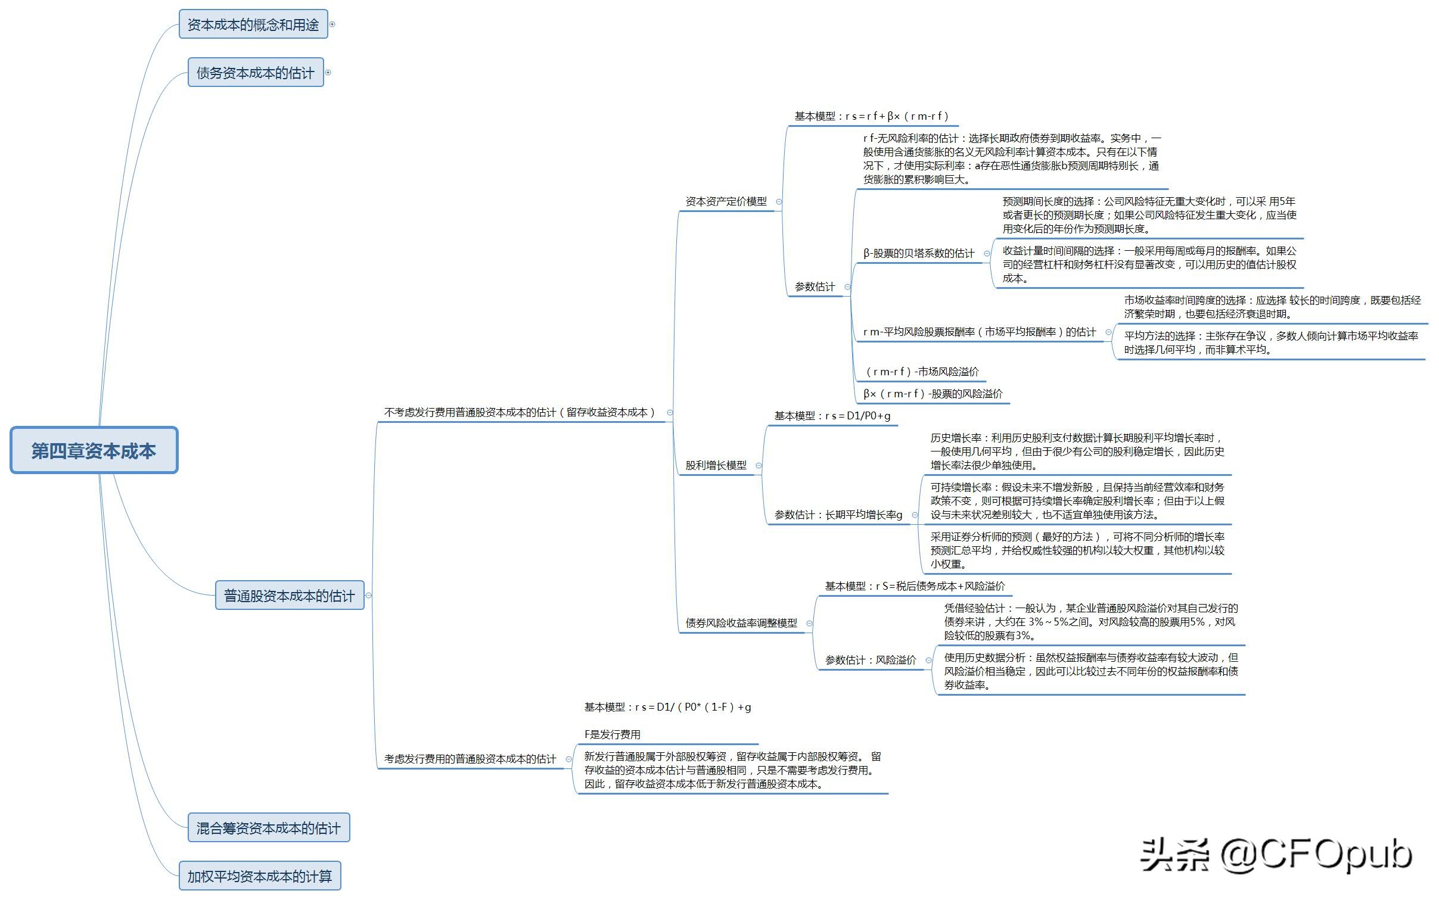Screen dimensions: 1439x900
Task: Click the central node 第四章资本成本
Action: [x=94, y=450]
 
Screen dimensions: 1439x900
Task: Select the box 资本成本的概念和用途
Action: [x=253, y=24]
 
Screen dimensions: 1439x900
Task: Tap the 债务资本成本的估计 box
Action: [x=256, y=73]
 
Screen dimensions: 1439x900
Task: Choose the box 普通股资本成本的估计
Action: [x=290, y=596]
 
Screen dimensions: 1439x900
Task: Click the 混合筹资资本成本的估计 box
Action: [x=269, y=828]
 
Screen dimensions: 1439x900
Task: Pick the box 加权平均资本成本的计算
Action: [x=260, y=876]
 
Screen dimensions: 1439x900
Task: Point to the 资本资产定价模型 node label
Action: [x=726, y=201]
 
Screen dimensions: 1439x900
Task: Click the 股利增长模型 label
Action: [x=716, y=465]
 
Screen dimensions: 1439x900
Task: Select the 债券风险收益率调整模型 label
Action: [x=741, y=623]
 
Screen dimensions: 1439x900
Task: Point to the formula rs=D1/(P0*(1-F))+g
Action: [x=693, y=707]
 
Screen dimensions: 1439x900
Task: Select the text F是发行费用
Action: [x=613, y=734]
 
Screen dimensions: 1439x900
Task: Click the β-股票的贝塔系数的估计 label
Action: [x=919, y=253]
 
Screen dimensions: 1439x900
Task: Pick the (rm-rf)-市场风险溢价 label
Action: [x=922, y=372]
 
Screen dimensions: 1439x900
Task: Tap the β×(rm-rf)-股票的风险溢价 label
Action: [x=933, y=394]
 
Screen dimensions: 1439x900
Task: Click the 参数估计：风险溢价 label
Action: [x=871, y=660]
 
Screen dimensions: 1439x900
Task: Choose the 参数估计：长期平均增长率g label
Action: [x=838, y=515]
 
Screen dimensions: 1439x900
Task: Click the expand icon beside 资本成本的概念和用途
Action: [x=332, y=24]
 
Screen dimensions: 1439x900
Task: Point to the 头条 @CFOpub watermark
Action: [x=1276, y=855]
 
